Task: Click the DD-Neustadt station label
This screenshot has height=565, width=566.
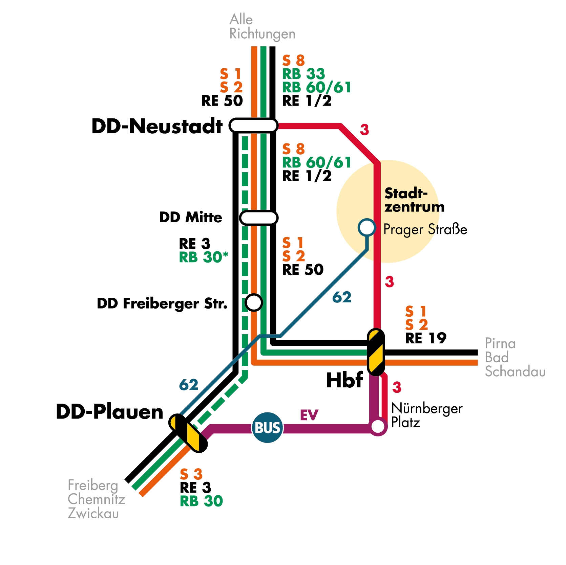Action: (x=157, y=126)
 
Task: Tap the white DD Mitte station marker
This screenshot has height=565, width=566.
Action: (x=259, y=218)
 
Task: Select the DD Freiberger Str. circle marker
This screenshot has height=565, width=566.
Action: (x=254, y=302)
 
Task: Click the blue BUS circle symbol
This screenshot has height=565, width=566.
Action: (x=268, y=428)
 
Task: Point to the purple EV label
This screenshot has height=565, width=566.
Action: (x=309, y=415)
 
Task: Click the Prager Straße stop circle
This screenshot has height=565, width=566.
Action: (x=366, y=227)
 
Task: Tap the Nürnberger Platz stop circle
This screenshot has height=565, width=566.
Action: (x=378, y=427)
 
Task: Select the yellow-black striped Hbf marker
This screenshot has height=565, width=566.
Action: (x=376, y=352)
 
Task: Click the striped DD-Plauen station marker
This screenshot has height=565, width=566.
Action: (x=188, y=433)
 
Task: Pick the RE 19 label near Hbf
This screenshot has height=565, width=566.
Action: (x=426, y=338)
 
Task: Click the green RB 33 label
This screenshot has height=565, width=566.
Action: (x=303, y=74)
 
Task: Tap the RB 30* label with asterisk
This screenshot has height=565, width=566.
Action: (x=203, y=257)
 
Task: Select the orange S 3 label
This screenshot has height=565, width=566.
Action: (x=191, y=474)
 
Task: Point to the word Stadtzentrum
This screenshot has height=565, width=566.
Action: (x=414, y=200)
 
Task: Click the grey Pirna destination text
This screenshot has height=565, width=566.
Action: (x=500, y=343)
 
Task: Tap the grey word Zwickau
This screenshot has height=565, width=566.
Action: (x=93, y=513)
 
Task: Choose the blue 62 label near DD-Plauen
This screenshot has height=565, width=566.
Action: (x=188, y=385)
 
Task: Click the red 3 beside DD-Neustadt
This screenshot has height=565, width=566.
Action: (x=364, y=130)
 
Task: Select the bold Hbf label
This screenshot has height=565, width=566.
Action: (x=344, y=380)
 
